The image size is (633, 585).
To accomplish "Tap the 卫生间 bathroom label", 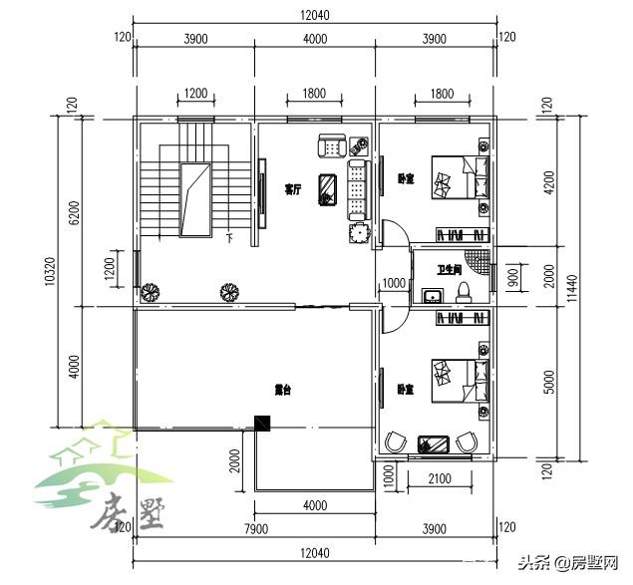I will (450, 269).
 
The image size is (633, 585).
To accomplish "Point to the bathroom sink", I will (433, 296).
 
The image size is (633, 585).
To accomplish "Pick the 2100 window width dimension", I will (439, 478).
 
